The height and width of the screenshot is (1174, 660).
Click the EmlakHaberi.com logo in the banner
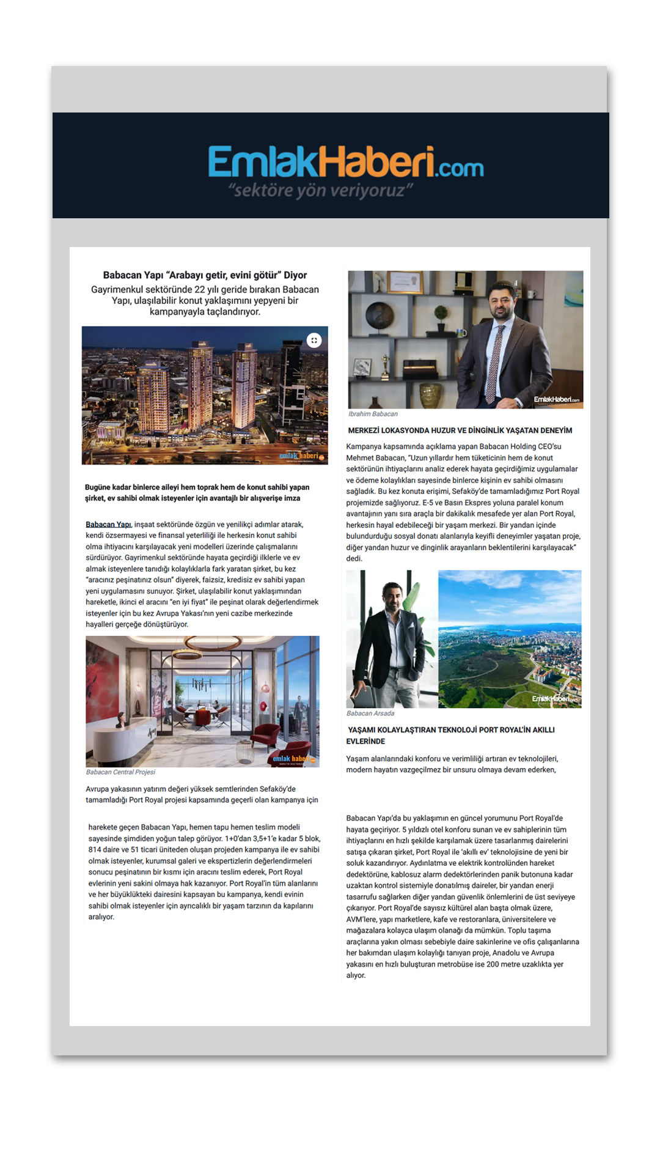(345, 161)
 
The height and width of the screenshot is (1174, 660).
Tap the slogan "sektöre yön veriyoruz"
(321, 190)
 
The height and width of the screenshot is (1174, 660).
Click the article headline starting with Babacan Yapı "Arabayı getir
(205, 275)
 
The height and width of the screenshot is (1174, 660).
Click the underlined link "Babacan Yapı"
(108, 525)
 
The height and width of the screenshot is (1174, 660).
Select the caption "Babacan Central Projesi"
(120, 772)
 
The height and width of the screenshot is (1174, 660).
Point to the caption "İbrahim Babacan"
(373, 414)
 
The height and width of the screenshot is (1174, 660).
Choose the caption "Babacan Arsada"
(370, 714)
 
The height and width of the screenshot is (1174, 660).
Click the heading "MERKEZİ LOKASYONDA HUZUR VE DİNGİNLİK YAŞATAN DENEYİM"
(460, 430)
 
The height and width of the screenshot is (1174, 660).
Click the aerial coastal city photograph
(510, 639)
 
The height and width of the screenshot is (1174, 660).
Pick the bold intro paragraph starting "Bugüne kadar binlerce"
(197, 493)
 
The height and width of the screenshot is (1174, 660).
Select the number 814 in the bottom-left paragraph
(95, 849)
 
